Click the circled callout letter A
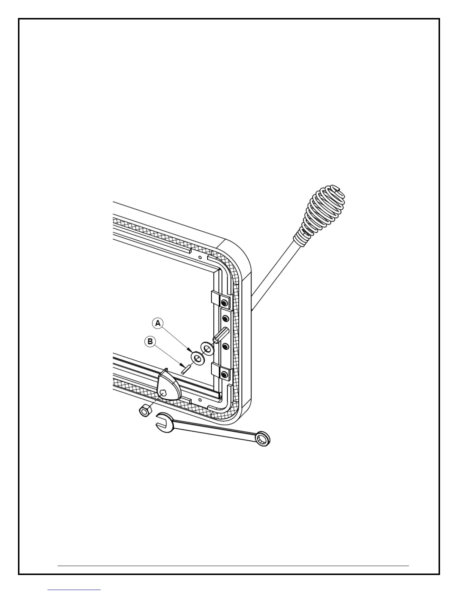tap(158, 323)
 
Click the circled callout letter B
tap(150, 341)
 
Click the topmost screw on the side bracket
tap(224, 302)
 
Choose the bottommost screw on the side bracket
tap(224, 374)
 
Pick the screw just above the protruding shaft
tap(225, 319)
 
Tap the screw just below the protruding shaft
tap(225, 347)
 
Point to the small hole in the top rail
tap(200, 258)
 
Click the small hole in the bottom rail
tap(201, 399)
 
